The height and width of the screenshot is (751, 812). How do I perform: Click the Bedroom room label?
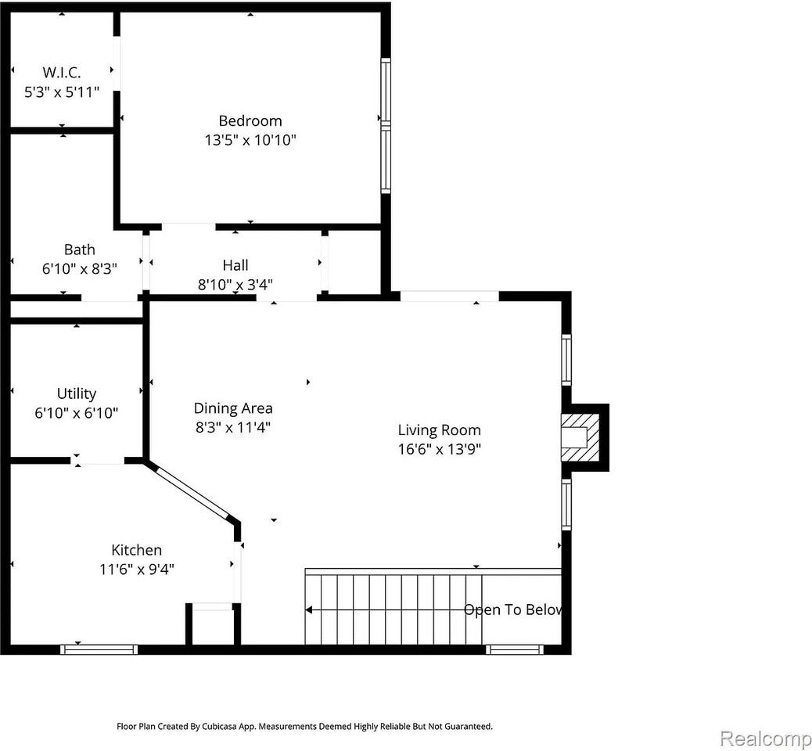250,121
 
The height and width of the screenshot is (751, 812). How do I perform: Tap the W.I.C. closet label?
62,72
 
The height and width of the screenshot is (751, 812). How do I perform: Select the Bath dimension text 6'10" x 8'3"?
80,269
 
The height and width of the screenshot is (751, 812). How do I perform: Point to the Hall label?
235,265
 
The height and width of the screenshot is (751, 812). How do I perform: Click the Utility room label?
77,394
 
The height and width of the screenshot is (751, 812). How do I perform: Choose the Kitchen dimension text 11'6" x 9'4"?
137,570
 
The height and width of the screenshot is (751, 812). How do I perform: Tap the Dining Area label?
233,408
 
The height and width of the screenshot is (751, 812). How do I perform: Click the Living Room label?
439,430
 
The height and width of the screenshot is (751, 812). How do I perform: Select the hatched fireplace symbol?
580,437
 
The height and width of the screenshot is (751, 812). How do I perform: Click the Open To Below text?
512,609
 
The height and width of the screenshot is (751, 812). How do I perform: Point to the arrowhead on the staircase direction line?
309,609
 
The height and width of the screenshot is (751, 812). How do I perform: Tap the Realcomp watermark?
765,738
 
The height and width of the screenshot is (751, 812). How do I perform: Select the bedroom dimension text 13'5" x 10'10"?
250,140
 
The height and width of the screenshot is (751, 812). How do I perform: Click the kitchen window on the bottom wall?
99,649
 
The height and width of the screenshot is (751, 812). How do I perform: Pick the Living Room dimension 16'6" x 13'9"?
439,449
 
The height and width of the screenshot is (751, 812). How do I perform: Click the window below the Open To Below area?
515,649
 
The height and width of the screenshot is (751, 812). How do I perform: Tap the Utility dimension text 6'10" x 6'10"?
77,413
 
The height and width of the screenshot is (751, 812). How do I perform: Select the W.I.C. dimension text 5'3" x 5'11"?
62,92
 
